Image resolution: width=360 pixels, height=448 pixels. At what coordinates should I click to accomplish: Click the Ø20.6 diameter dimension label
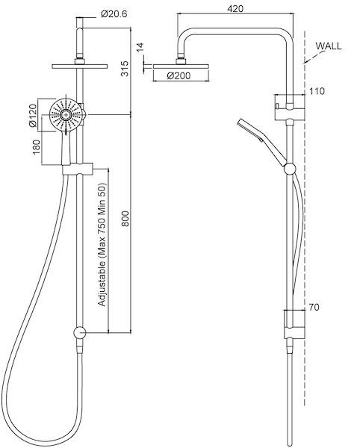pyautogui.click(x=114, y=13)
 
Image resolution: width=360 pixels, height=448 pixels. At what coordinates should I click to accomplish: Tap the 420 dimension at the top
pyautogui.click(x=235, y=8)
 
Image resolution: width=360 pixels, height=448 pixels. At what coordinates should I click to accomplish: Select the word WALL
pyautogui.click(x=329, y=46)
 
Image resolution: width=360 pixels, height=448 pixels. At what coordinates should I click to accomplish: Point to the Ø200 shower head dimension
pyautogui.click(x=179, y=75)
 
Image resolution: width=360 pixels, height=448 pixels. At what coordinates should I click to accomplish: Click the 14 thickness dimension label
pyautogui.click(x=140, y=48)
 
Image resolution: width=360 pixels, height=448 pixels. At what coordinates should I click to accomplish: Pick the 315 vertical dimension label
pyautogui.click(x=125, y=69)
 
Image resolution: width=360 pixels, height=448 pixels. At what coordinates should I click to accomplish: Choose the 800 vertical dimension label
pyautogui.click(x=125, y=219)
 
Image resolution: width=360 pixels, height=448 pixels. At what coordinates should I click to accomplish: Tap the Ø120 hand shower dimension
pyautogui.click(x=33, y=116)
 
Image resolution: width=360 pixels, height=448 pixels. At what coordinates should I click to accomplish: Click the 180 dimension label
pyautogui.click(x=37, y=147)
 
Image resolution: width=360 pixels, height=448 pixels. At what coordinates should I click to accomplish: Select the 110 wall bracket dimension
pyautogui.click(x=317, y=91)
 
